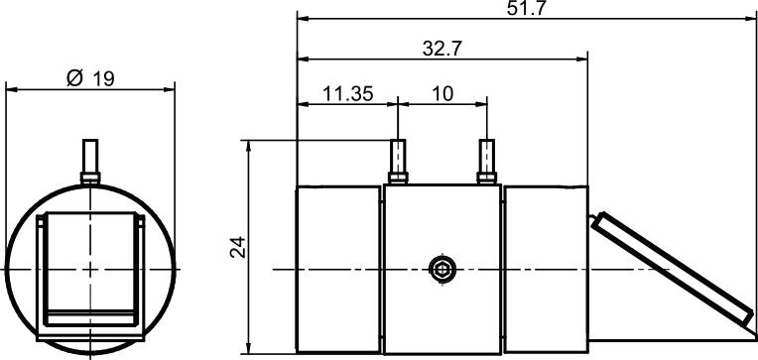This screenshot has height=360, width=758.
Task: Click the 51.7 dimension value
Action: click(527, 8)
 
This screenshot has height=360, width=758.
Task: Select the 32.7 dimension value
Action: click(442, 49)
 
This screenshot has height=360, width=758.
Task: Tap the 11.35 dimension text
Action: click(347, 94)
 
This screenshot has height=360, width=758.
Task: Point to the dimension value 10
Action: click(442, 94)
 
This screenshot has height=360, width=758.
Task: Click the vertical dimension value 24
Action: click(238, 247)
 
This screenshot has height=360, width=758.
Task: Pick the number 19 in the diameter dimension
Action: click(103, 78)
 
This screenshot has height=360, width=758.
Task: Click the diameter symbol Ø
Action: click(75, 77)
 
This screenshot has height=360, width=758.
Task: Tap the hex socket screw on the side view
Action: click(442, 269)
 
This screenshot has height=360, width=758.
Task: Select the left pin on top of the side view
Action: click(398, 162)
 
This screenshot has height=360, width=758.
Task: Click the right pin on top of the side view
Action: click(487, 162)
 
